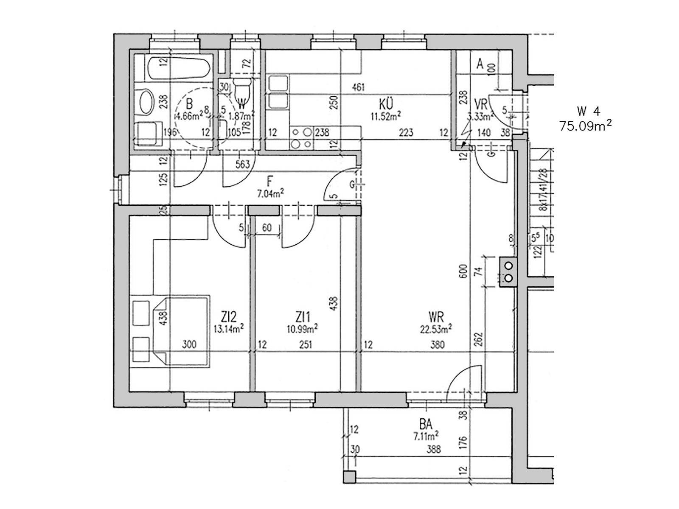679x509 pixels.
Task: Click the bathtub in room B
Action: tap(179, 68)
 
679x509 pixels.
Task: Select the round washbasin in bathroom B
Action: tap(146, 102)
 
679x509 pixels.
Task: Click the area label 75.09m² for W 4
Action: tap(585, 126)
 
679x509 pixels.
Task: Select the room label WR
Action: tap(436, 317)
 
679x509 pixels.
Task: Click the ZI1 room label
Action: tap(304, 317)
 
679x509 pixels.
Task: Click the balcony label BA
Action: tap(427, 424)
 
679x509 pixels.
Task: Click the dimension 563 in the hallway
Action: tap(242, 164)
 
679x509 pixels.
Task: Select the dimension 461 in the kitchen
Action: tap(358, 88)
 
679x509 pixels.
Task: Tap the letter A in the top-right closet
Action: tap(480, 64)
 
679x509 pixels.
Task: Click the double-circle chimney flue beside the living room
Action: tap(508, 272)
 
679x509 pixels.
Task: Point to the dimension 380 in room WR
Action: tap(437, 345)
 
